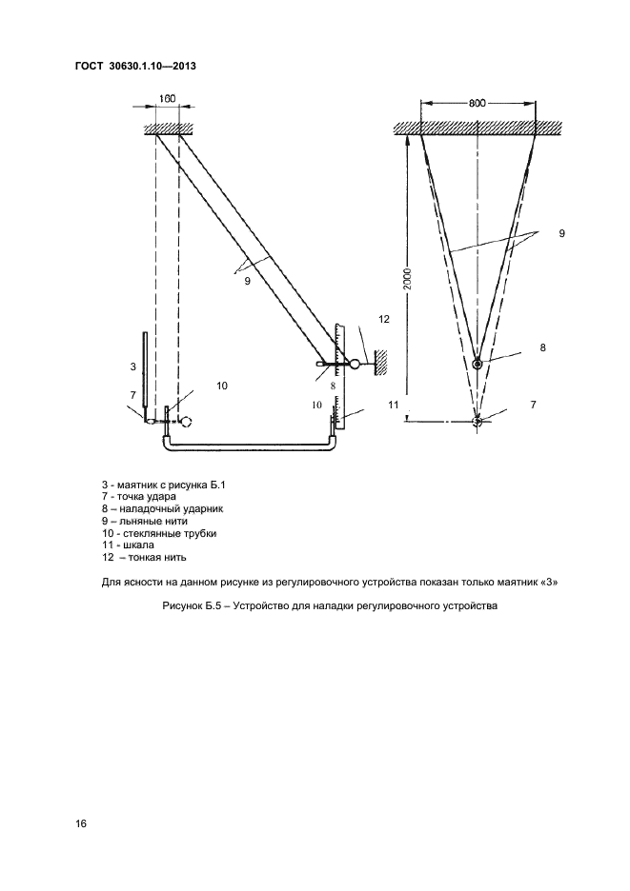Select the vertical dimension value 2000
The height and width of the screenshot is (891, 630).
pos(407,278)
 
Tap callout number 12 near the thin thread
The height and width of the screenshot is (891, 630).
pos(384,320)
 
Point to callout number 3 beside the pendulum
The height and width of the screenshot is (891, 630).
pos(132,365)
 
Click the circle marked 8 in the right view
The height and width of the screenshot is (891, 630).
pos(479,364)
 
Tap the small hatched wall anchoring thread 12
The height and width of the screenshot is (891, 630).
pos(381,363)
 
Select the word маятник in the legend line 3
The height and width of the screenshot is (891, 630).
pos(136,485)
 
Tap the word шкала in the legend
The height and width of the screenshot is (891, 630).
pos(141,545)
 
